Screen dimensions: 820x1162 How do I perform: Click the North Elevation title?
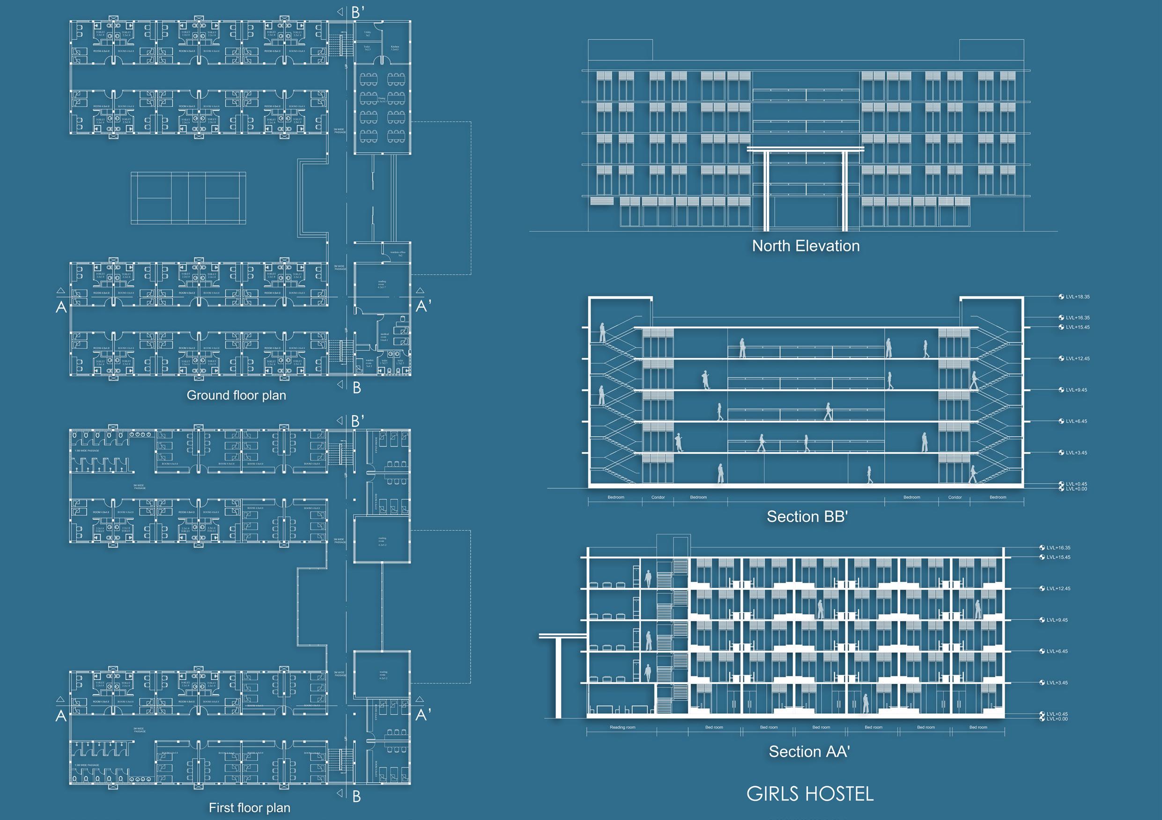806,246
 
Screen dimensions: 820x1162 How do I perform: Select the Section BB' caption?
807,517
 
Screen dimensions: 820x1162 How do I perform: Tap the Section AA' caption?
809,752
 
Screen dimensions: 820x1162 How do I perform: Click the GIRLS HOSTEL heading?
810,794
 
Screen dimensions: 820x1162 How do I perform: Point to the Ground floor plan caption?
237,395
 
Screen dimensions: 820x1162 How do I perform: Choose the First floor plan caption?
250,808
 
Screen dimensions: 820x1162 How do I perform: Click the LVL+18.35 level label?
1078,297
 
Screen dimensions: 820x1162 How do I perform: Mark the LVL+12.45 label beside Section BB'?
1078,359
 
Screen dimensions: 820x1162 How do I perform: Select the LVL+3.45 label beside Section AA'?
1057,683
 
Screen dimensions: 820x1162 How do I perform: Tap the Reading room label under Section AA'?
622,727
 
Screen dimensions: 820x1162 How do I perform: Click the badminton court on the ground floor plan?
188,198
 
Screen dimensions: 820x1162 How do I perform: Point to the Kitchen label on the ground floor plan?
395,48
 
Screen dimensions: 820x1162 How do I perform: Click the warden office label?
398,253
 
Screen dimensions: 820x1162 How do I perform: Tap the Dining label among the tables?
382,99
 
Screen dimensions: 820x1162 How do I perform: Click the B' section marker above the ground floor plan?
358,12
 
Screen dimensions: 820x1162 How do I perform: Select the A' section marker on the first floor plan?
423,714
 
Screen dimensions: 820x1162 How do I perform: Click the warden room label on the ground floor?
370,363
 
